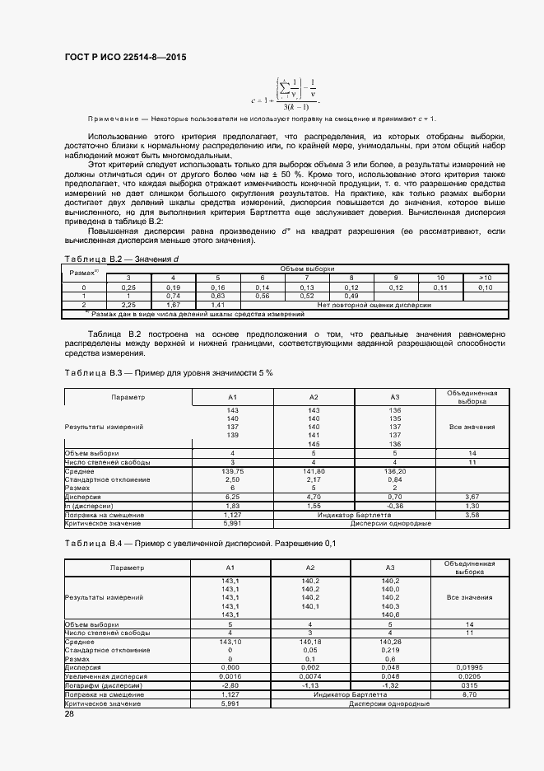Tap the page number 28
[x=69, y=714]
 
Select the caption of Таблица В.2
[x=121, y=259]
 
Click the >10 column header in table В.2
[x=485, y=277]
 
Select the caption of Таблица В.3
[x=168, y=372]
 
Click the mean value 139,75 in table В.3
[x=232, y=471]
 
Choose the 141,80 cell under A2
[x=314, y=471]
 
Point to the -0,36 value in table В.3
[x=394, y=506]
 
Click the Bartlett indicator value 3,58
[x=472, y=514]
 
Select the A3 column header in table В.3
[x=394, y=397]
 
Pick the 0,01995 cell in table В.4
[x=472, y=666]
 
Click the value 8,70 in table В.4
[x=472, y=694]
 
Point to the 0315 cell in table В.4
[x=472, y=685]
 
